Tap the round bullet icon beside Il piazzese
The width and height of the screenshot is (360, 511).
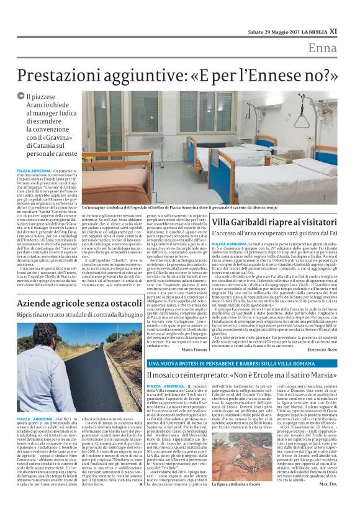tap(20, 96)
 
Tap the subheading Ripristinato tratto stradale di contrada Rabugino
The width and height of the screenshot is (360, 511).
tap(80, 314)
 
